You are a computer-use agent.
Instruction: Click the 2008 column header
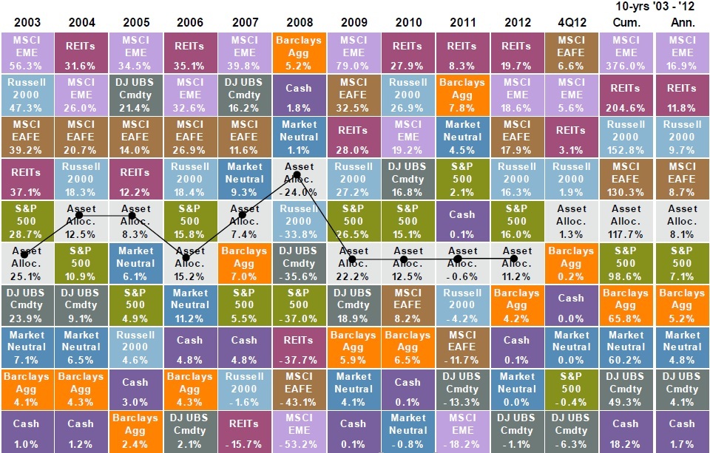(299, 22)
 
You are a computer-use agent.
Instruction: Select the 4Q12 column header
(571, 22)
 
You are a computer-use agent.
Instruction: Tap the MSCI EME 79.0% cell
(353, 52)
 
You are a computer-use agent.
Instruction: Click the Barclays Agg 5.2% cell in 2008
(299, 52)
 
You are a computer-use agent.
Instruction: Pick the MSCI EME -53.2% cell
(299, 431)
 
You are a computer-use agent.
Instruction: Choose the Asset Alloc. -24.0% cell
(299, 178)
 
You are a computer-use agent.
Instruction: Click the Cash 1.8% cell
(299, 94)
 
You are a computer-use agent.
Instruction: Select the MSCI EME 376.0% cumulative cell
(626, 52)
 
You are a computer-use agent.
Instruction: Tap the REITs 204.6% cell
(626, 94)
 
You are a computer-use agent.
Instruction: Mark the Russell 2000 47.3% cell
(27, 94)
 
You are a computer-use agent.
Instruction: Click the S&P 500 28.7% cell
(27, 220)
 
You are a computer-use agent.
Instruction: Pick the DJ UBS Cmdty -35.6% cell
(299, 262)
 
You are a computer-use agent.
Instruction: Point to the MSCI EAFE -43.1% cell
(299, 389)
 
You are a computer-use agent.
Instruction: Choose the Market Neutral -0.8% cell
(408, 431)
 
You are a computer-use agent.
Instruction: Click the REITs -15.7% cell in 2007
(244, 431)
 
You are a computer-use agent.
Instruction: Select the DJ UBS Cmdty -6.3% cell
(571, 431)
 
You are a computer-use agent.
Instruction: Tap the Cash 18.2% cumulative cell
(626, 431)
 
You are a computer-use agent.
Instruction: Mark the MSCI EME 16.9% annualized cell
(682, 52)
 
